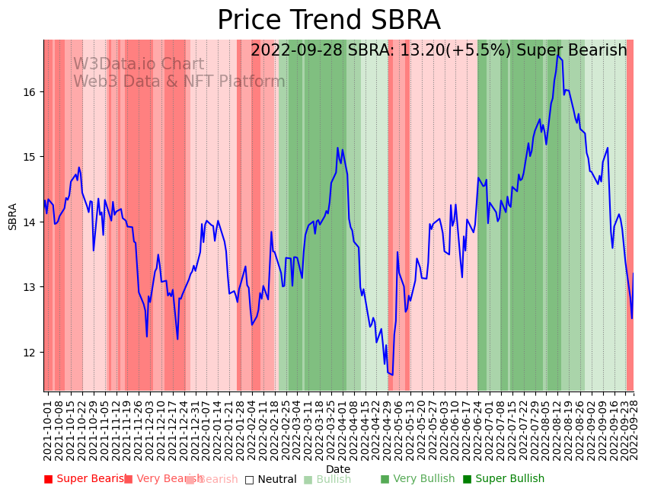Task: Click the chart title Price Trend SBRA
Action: [x=328, y=21]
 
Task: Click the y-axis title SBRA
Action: [x=13, y=216]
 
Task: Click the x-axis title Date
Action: [x=338, y=469]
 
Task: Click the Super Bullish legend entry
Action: [x=504, y=479]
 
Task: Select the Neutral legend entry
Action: [x=271, y=480]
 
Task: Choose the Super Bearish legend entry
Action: [x=86, y=479]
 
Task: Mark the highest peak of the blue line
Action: [x=557, y=56]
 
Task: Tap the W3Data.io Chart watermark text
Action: [x=139, y=65]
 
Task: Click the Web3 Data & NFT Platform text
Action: [x=179, y=81]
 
